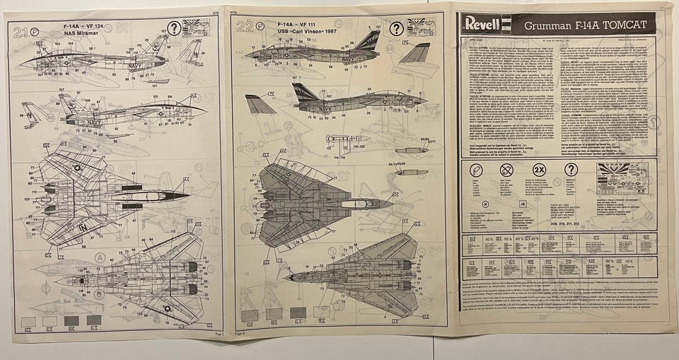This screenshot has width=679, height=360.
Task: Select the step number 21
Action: tap(21, 31)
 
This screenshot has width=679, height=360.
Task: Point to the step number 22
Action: tap(245, 28)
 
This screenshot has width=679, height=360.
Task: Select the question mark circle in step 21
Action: tap(174, 29)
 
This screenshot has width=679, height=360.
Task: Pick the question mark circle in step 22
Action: tap(397, 28)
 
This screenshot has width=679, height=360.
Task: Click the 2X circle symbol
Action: tap(538, 170)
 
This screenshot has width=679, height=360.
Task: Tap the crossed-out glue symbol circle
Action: tap(506, 170)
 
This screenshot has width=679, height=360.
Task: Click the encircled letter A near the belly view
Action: tap(100, 258)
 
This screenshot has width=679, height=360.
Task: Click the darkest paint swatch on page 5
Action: tap(71, 320)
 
